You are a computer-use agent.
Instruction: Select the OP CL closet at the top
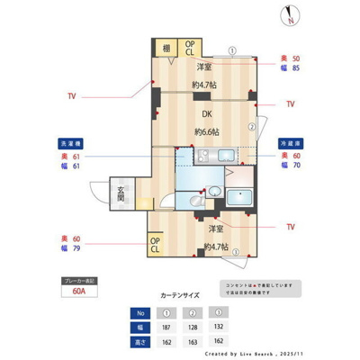191,49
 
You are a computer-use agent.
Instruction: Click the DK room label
206,113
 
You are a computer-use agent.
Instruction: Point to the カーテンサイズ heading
180,293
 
